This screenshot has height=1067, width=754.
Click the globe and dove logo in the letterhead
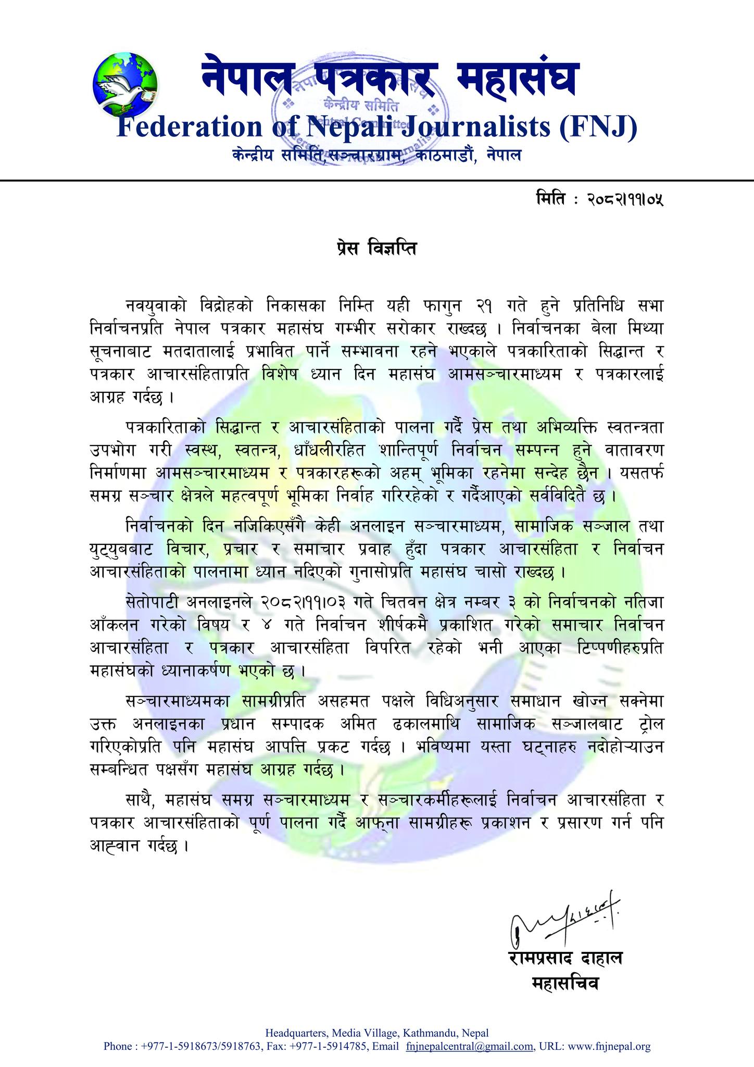tap(125, 83)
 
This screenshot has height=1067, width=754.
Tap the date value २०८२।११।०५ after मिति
tap(625, 199)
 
